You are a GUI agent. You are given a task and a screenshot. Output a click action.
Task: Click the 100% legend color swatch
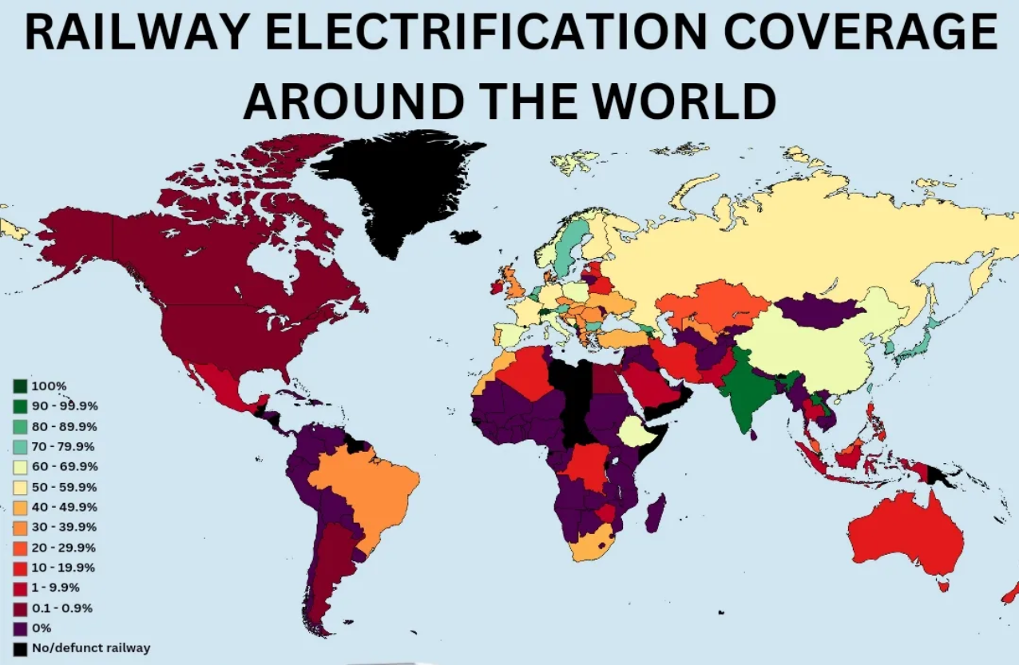(20, 386)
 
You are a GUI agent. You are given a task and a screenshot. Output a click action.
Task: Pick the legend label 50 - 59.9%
(65, 486)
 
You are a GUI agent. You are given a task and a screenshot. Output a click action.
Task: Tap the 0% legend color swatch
(20, 628)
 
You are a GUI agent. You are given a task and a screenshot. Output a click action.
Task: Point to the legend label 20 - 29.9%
(65, 548)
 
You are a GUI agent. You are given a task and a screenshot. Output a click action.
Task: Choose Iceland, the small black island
(466, 236)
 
